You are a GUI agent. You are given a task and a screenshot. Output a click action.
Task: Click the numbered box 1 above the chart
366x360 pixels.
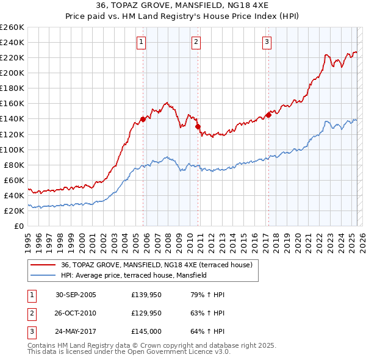click(x=141, y=42)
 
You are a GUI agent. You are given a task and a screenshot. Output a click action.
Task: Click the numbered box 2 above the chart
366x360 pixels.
click(x=196, y=42)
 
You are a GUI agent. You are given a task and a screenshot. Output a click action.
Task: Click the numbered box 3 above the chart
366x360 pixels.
click(x=267, y=42)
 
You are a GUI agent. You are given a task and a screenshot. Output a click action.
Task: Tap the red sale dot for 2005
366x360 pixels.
click(x=143, y=119)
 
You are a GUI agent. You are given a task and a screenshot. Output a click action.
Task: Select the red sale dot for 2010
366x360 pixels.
click(x=198, y=126)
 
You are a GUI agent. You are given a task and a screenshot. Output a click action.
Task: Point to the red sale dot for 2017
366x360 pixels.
click(x=268, y=115)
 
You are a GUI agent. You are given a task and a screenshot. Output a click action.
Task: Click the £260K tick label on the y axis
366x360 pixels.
click(x=12, y=27)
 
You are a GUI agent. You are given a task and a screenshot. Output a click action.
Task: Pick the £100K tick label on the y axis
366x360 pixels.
click(x=12, y=149)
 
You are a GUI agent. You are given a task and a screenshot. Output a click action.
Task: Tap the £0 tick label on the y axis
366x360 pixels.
click(x=20, y=226)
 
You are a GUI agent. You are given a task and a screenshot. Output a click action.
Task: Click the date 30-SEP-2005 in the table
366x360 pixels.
click(x=76, y=295)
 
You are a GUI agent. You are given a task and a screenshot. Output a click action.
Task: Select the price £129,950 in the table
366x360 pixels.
click(x=146, y=313)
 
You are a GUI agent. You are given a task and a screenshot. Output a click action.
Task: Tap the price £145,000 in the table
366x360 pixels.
click(x=146, y=331)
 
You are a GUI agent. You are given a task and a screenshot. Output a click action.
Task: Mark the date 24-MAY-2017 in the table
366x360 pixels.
click(x=76, y=331)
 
